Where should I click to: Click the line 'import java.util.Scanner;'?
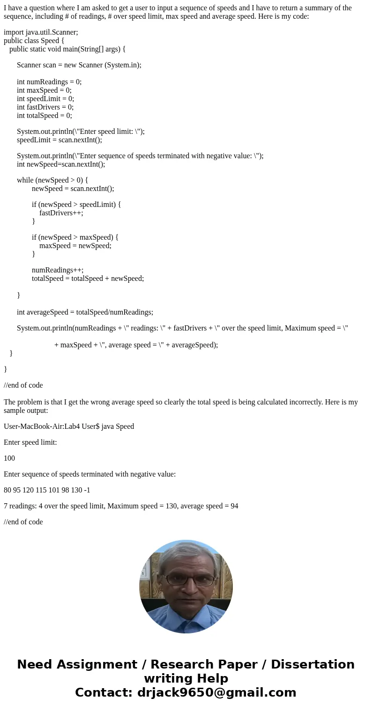point(41,32)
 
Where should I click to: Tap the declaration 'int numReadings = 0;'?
point(49,81)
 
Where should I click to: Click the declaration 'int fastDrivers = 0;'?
point(45,107)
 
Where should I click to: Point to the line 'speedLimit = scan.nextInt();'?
point(60,140)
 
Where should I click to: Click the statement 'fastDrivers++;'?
point(61,213)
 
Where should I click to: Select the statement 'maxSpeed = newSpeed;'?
point(75,245)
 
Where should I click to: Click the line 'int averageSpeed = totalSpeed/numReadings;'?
point(85,312)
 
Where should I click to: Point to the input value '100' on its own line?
point(9,458)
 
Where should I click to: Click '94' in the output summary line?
point(234,506)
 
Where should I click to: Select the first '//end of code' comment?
point(23,385)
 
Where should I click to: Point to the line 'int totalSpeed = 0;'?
point(45,115)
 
